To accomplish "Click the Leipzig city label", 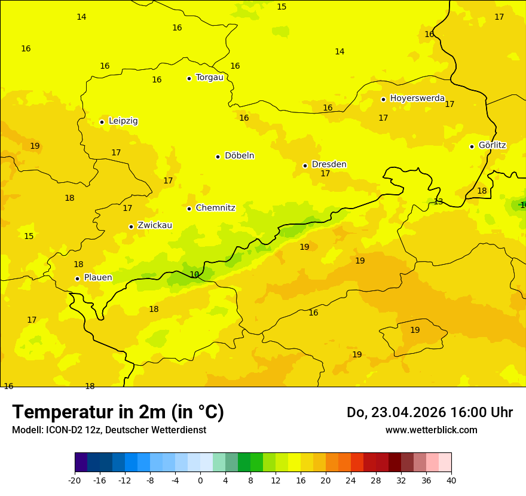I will click(x=123, y=121).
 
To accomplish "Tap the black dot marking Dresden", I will click(x=305, y=166).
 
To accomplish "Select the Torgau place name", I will click(x=209, y=78).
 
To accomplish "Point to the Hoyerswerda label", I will click(x=417, y=99).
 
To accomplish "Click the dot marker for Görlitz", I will click(x=472, y=146).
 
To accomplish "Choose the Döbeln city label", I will click(x=239, y=156).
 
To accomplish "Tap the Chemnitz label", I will click(x=215, y=209).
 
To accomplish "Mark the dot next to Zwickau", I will click(x=131, y=226).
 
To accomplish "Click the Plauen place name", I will click(x=98, y=278).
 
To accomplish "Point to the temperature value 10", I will click(x=194, y=275).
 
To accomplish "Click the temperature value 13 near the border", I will click(x=438, y=202).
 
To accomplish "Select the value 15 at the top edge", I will click(x=282, y=7).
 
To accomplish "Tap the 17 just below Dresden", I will click(x=325, y=174).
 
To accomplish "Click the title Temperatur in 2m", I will click(x=118, y=412).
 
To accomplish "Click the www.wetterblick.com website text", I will click(x=431, y=430).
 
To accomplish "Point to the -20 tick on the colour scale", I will click(x=75, y=480).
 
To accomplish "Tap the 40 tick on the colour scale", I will click(x=451, y=480).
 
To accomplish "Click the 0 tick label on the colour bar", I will click(x=200, y=480).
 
